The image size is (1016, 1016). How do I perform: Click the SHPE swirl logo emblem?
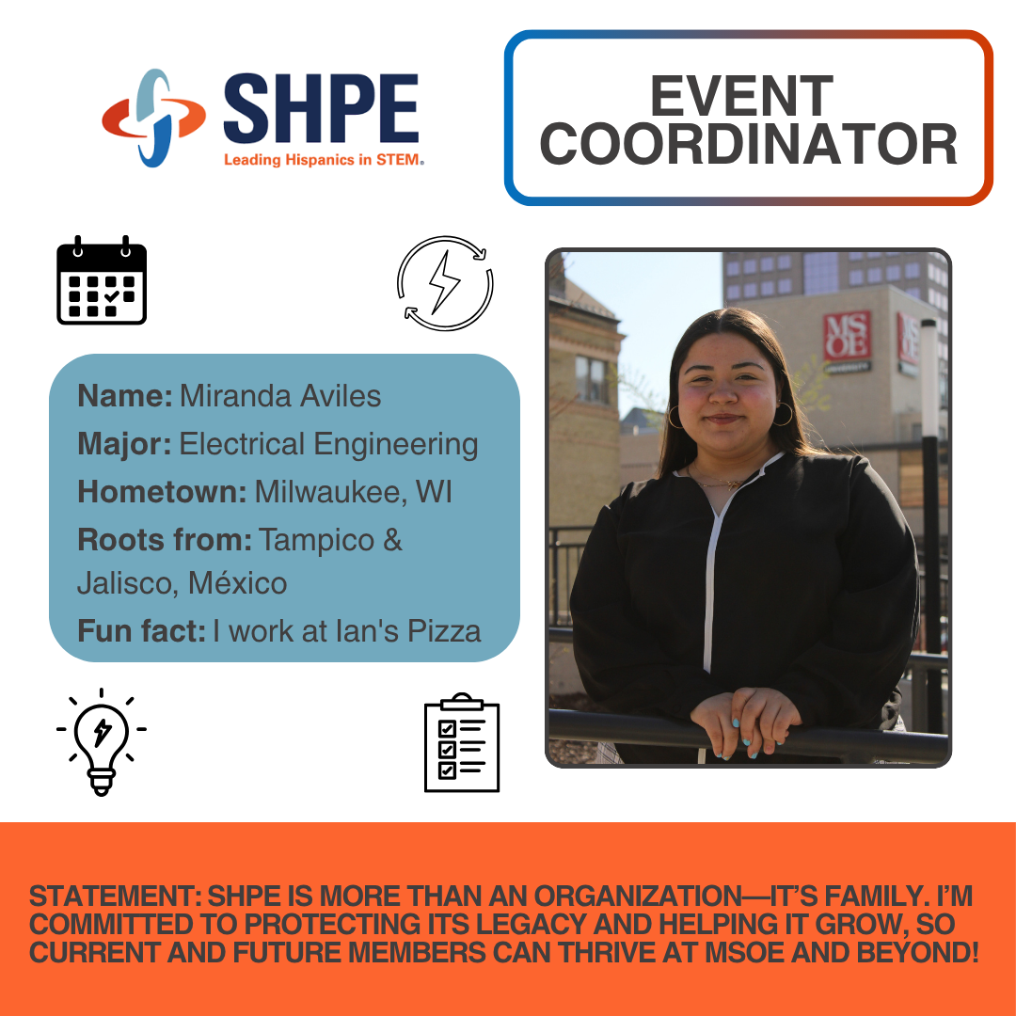coord(154,118)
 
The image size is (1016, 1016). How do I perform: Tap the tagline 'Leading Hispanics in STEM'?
coord(324,160)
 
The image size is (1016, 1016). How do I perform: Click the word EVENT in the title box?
coord(742,96)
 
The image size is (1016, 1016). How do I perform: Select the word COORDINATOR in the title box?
coord(749,144)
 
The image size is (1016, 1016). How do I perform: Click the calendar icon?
coord(102,280)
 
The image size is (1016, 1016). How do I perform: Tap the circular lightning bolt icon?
coord(445,283)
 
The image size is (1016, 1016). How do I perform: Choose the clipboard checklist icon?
coord(462,742)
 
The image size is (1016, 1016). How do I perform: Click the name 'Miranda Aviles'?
coord(280,396)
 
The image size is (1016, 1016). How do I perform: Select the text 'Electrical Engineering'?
coord(328,444)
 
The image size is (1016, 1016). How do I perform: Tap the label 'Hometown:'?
coord(162,492)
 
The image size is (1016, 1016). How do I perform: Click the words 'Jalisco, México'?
coord(183,583)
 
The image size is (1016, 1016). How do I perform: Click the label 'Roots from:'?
coord(165,540)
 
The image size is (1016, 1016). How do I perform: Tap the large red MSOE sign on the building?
coord(847,335)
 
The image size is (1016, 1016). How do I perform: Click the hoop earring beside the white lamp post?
coord(784,413)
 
